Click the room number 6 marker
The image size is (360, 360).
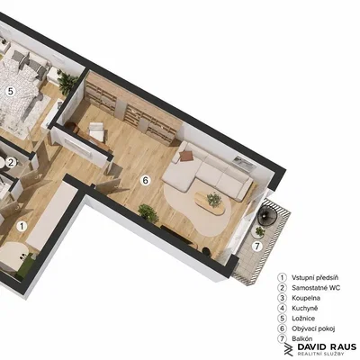point(145,180)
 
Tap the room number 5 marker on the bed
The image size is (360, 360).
point(11,91)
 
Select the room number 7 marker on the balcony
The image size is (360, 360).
point(256,247)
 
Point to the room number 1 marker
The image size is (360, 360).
point(22,226)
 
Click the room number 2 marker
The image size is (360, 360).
point(11,163)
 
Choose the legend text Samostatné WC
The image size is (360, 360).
point(316,288)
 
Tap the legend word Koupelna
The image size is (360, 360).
point(306,298)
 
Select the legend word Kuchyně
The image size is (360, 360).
point(304,308)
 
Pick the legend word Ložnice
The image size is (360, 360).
point(303,319)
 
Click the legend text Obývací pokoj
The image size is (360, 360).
point(313,328)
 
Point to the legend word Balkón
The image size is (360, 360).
point(302,338)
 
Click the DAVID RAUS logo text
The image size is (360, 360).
point(327,347)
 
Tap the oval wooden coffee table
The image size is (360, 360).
point(210,202)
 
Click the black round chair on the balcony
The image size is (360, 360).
point(267,214)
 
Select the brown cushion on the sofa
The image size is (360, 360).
point(185,156)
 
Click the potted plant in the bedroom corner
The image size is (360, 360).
point(67,81)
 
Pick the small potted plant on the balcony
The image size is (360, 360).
point(259,232)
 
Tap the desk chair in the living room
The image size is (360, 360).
point(96,130)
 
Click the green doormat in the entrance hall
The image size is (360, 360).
point(25,266)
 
